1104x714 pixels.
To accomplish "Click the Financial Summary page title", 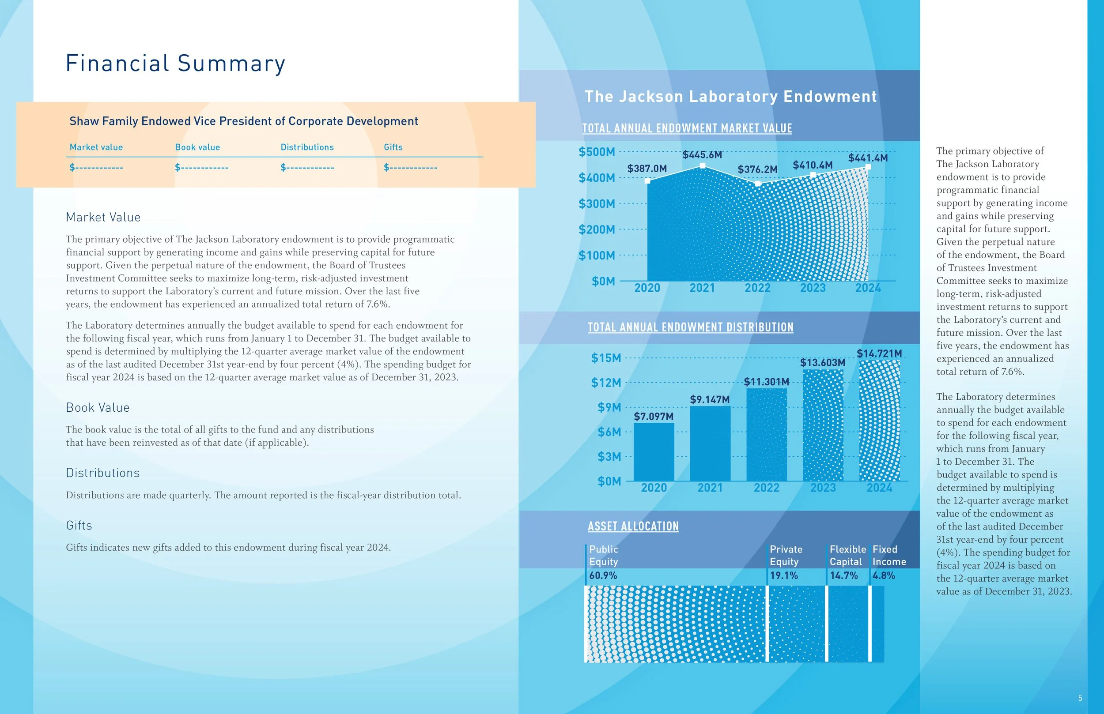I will point(175,63).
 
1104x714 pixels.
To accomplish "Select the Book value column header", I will point(197,147).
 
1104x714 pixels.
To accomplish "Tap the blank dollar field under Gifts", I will point(410,167).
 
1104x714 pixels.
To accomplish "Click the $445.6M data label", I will point(702,155).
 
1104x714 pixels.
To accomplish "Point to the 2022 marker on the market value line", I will point(757,184).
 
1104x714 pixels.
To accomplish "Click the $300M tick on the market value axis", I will point(597,203).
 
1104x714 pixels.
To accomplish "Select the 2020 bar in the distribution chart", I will point(654,451).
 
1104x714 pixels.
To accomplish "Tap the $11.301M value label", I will point(766,382).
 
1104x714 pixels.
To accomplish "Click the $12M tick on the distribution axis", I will point(606,383).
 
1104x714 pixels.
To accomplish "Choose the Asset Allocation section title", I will point(633,526).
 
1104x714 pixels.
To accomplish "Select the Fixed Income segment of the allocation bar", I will point(877,624).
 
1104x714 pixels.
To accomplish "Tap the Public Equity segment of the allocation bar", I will point(675,624).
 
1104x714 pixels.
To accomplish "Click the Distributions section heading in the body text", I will point(102,473).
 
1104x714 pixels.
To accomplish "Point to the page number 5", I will point(1080,698).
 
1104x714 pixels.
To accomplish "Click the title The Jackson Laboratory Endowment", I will point(730,97).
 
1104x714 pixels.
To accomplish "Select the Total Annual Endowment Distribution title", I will point(690,327).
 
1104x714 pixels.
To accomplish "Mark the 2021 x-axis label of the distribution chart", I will point(710,488).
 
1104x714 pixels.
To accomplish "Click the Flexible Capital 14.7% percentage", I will point(844,575).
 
